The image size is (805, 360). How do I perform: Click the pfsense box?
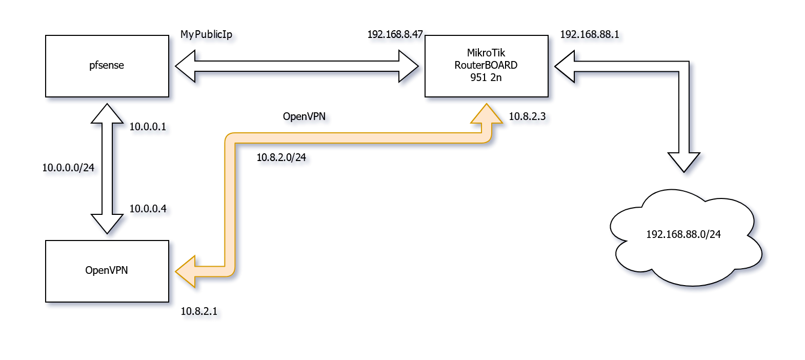[107, 66]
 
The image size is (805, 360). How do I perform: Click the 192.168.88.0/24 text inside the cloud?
[683, 234]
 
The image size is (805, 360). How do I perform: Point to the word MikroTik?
[486, 53]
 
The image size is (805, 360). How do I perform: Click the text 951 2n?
[486, 77]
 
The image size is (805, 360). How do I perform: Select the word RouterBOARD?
[486, 65]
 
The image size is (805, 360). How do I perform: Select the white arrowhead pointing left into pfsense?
[186, 66]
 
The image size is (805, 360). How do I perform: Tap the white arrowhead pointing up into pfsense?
[108, 114]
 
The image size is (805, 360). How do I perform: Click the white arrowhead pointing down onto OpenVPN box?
[108, 224]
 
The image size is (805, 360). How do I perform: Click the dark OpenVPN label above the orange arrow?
[306, 117]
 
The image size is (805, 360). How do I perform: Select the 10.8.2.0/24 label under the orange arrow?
[285, 158]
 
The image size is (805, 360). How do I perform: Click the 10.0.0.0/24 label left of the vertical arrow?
[71, 169]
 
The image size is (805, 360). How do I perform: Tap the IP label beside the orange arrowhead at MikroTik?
[530, 118]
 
